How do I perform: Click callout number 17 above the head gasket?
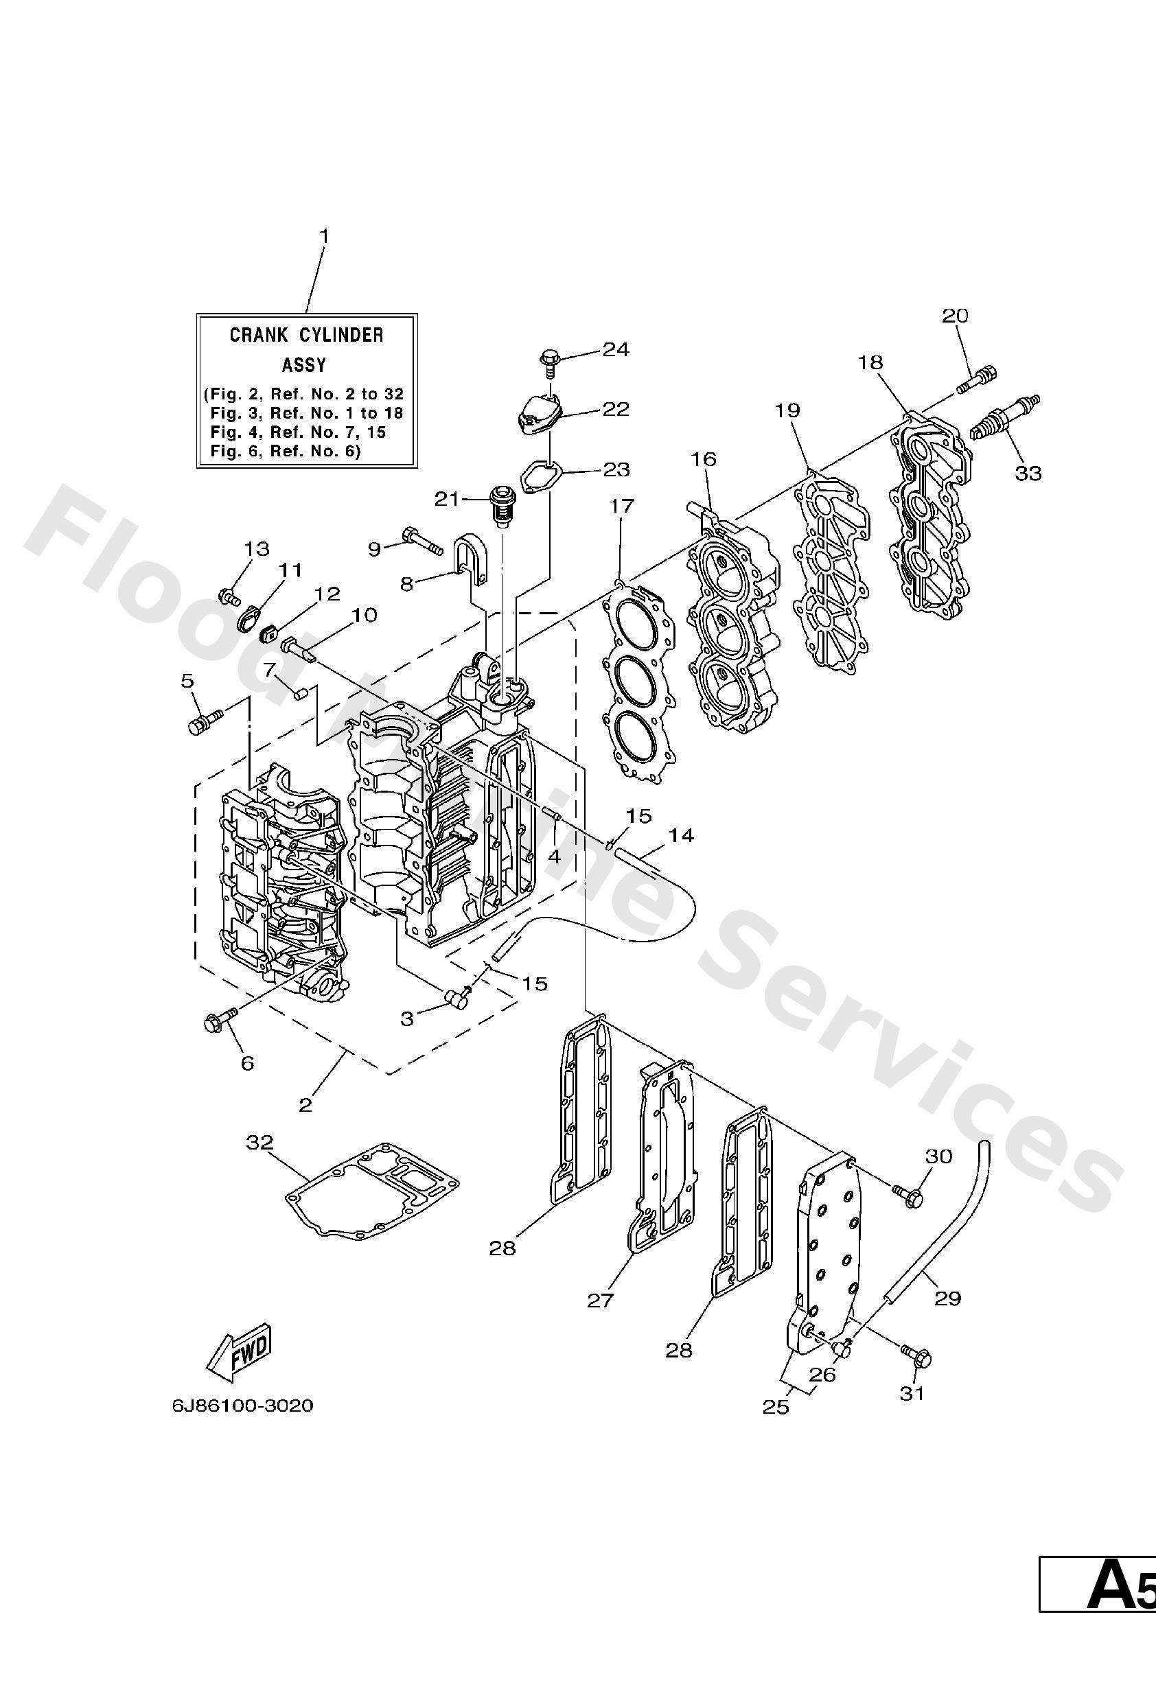tap(621, 505)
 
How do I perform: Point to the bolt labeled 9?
tap(421, 541)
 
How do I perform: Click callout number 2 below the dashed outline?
tap(305, 1104)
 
